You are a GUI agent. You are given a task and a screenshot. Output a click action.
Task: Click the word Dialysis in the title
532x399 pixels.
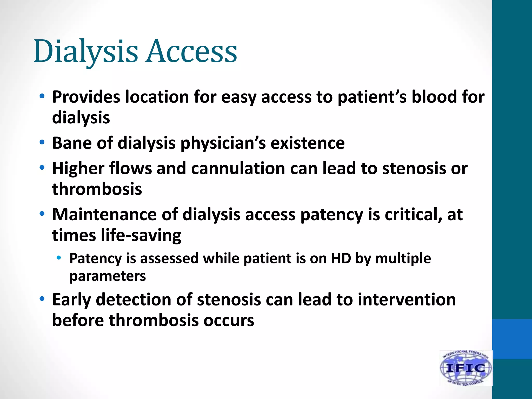click(86, 51)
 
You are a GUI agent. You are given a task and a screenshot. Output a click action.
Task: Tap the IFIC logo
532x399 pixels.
click(466, 368)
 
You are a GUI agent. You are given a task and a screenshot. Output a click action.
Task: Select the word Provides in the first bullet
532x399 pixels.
click(86, 97)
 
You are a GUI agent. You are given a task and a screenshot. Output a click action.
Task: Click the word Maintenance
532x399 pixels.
click(104, 215)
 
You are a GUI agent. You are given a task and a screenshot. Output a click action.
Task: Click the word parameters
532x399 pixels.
click(108, 276)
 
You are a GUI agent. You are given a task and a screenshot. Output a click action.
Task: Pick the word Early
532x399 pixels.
click(71, 300)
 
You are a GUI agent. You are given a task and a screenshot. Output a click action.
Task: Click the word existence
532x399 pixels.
click(308, 143)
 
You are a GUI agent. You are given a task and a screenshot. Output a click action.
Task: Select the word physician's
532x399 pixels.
click(223, 143)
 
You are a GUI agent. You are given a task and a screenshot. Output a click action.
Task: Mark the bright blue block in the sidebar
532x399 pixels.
click(512, 339)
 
